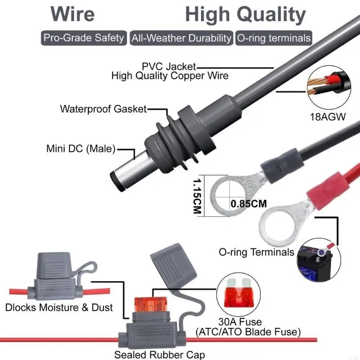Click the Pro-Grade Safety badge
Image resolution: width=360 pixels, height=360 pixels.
click(84, 38)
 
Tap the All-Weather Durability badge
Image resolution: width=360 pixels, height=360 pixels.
click(181, 38)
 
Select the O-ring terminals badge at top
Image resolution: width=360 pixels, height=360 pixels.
click(274, 38)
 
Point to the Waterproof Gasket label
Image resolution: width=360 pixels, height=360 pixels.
click(103, 109)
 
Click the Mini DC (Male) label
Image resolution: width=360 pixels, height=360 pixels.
click(81, 148)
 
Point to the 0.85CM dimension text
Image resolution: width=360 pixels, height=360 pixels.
click(249, 203)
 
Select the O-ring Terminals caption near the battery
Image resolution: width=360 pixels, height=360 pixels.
click(256, 252)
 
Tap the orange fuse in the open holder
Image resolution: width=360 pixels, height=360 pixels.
click(153, 306)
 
